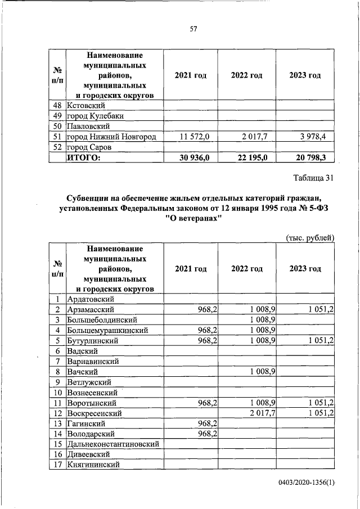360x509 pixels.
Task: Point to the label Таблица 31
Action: coord(314,178)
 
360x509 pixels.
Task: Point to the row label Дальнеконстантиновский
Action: coord(112,444)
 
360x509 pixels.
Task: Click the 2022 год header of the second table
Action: coord(246,269)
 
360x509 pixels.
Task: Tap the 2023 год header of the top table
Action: coord(305,76)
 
